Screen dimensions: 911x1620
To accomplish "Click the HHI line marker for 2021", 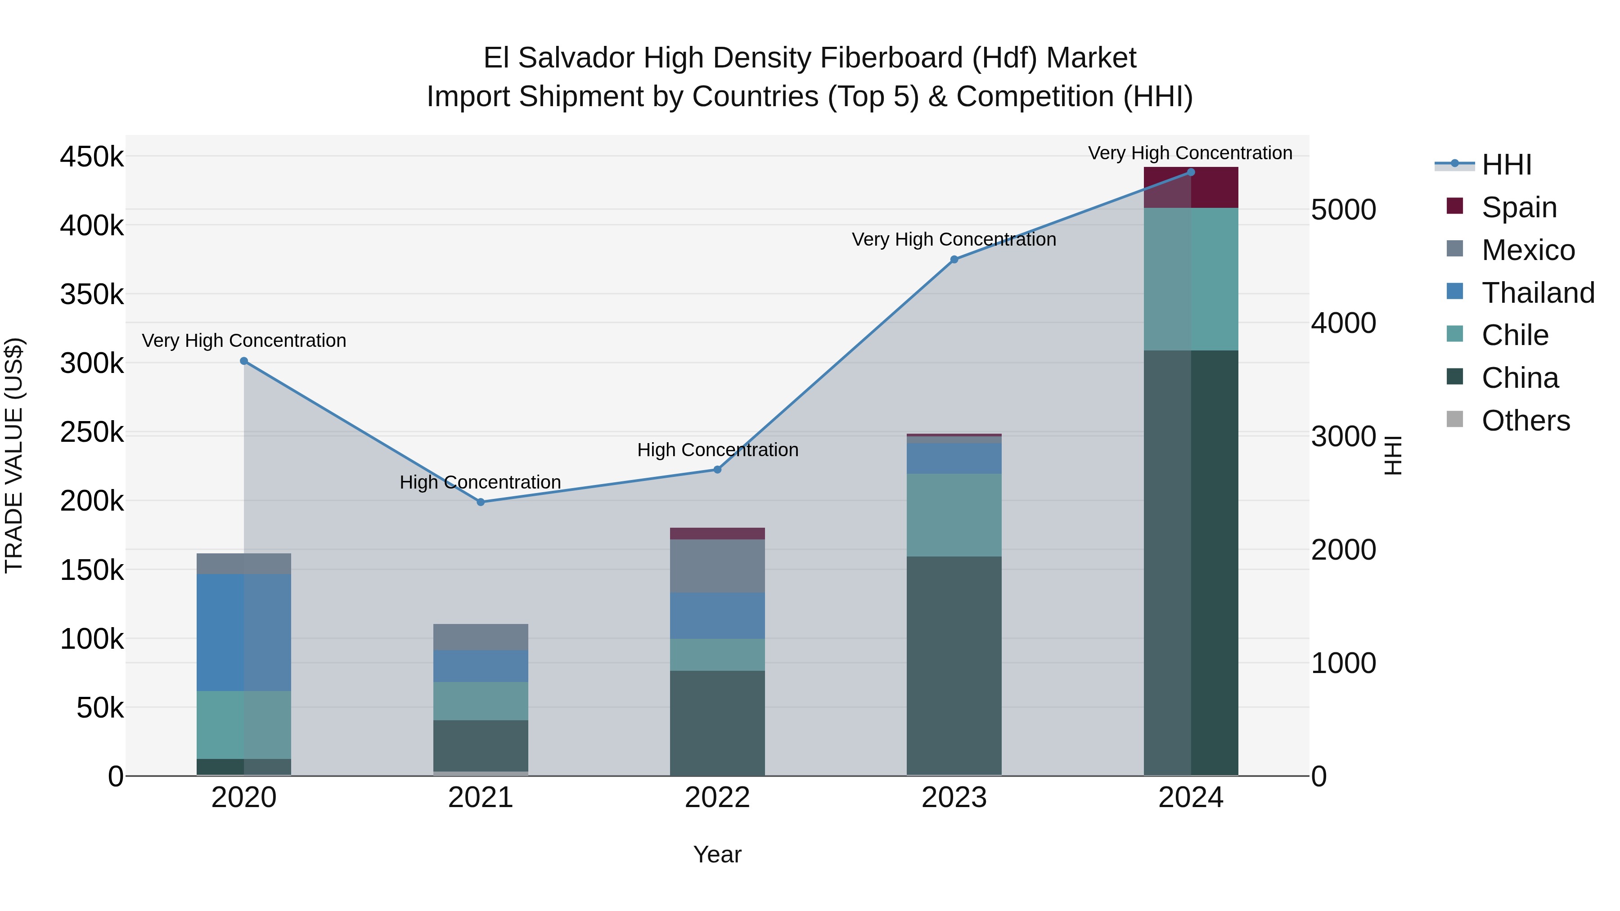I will point(481,502).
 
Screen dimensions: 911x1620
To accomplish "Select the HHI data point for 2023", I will point(954,259).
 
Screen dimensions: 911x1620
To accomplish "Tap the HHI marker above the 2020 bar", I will point(244,361).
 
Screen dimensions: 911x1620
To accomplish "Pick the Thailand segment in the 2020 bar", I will point(244,632).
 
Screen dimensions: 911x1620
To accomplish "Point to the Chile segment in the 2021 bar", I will point(481,700).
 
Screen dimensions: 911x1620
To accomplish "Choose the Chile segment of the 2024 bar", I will point(1190,278).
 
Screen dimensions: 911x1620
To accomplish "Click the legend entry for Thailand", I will point(1538,293).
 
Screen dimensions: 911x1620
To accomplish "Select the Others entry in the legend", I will point(1525,421).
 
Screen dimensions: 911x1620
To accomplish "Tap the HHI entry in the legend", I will point(1506,165).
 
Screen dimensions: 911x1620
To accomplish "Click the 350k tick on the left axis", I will point(92,294).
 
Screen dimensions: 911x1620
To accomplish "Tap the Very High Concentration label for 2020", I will point(244,340).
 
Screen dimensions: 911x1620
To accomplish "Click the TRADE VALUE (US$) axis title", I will point(14,455).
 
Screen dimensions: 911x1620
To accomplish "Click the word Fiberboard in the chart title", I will point(892,58).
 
